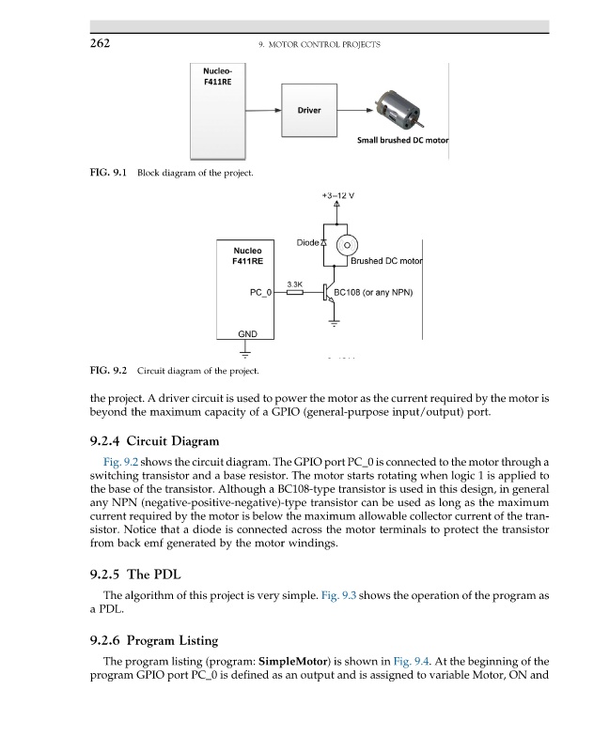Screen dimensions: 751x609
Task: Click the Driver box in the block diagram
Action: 309,111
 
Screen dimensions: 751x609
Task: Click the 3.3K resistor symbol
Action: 294,293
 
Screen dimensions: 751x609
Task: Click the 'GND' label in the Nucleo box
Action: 245,335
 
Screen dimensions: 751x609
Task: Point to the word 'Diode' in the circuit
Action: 308,243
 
